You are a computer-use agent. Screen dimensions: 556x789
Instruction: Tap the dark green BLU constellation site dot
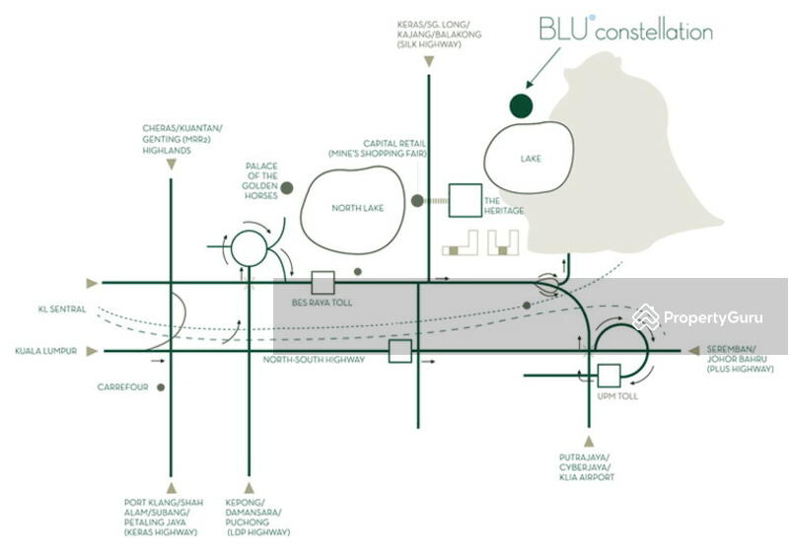pos(520,104)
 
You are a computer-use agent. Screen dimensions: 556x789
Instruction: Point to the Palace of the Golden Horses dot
pos(287,187)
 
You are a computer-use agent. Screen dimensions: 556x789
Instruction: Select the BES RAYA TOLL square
pos(322,282)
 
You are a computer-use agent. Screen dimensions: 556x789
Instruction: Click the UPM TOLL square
pos(609,376)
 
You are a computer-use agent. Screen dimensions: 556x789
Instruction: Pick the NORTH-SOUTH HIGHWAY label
pos(314,360)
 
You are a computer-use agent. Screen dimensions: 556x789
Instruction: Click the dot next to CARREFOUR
pos(161,387)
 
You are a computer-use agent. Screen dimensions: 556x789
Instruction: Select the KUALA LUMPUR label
pos(46,350)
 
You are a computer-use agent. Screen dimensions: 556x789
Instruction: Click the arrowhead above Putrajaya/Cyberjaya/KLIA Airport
pos(589,442)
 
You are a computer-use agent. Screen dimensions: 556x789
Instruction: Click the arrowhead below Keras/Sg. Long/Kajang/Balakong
pos(429,63)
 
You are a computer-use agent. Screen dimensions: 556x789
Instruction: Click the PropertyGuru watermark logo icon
pos(646,316)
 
